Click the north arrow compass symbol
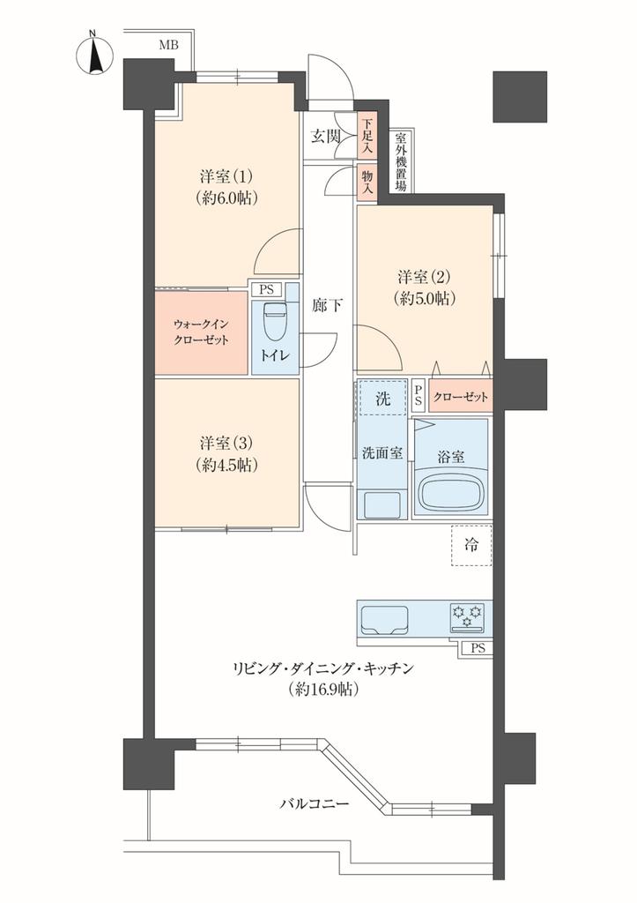click(x=95, y=54)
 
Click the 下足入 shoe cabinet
click(x=367, y=135)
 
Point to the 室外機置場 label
click(x=401, y=163)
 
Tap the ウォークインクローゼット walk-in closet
click(x=202, y=332)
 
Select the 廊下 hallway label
click(x=327, y=305)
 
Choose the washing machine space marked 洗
click(x=382, y=398)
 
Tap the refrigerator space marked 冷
click(x=471, y=545)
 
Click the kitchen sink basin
click(x=384, y=619)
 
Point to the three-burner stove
click(x=467, y=616)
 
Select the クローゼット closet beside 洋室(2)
click(x=460, y=396)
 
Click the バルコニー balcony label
click(x=315, y=803)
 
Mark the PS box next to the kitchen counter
click(x=477, y=648)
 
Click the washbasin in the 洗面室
click(x=381, y=504)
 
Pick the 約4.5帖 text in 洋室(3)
click(x=226, y=465)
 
